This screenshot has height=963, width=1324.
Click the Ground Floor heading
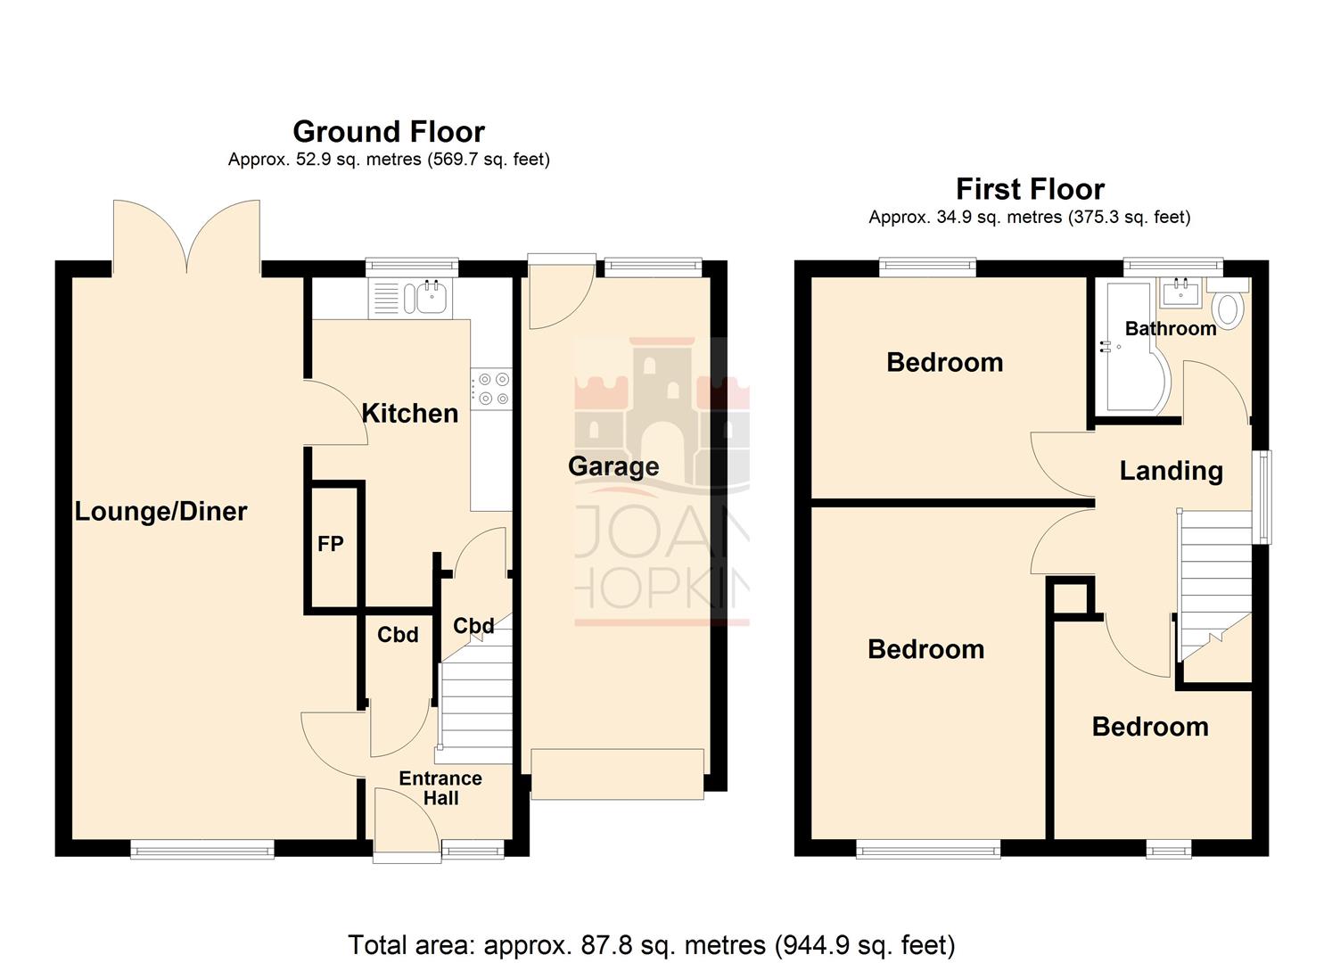389,132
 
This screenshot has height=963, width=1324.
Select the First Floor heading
1030,189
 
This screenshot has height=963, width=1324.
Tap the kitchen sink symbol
425,297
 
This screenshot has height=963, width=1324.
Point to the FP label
330,544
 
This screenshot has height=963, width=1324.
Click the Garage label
613,466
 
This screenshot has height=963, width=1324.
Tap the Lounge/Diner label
160,511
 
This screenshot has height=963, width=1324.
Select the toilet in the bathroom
1229,305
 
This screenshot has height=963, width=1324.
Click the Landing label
1171,471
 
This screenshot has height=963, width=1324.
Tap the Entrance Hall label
440,788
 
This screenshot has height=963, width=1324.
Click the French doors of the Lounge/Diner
187,236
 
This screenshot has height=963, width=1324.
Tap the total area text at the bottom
651,944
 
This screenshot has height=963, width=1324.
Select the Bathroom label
1170,328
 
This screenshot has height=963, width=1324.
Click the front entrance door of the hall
407,825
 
